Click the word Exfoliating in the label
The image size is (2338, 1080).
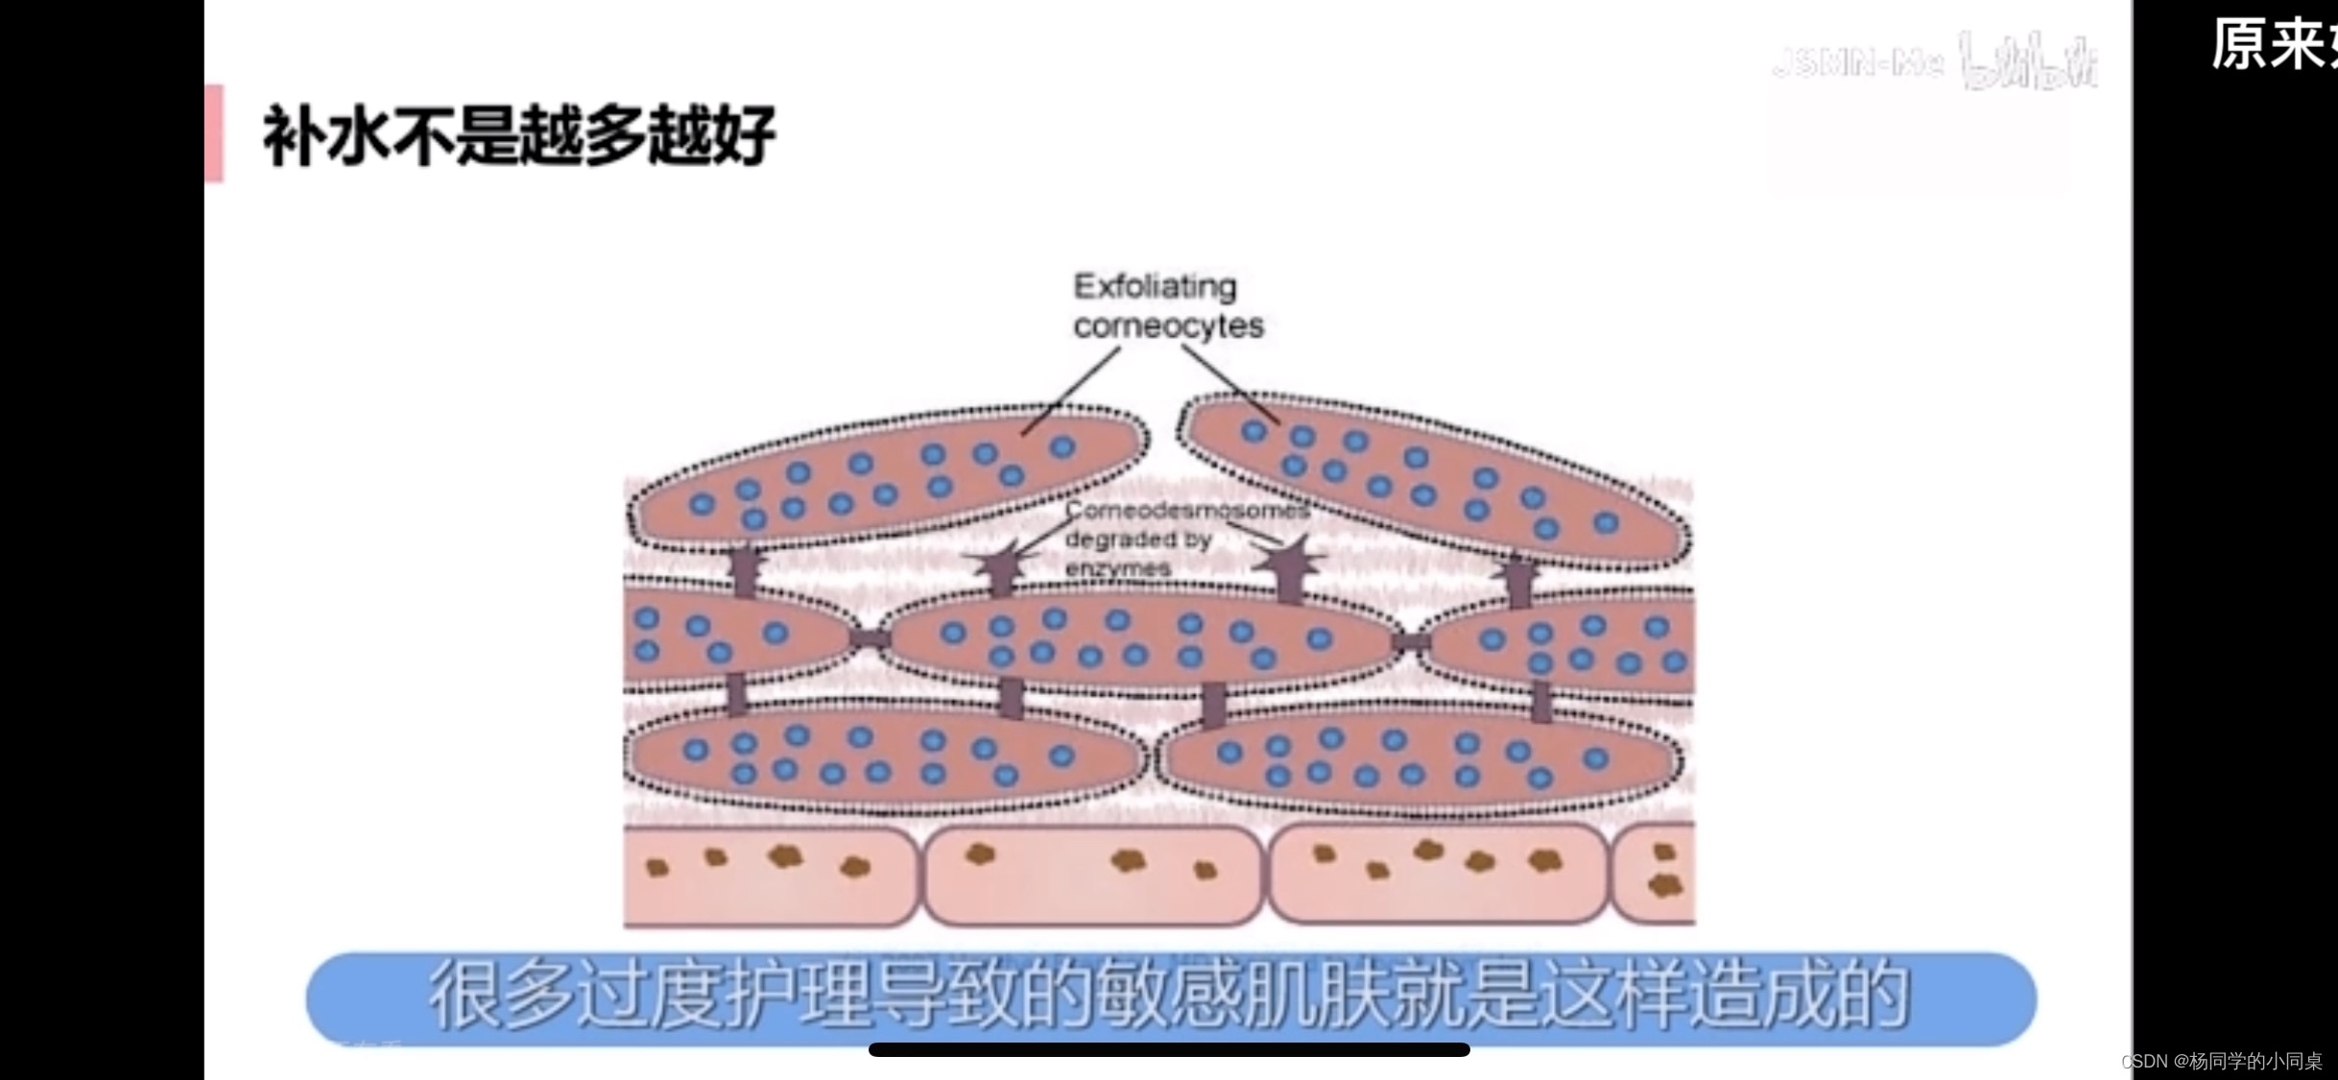click(1155, 286)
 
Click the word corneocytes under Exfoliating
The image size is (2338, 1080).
click(1168, 326)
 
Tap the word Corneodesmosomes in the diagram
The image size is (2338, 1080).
click(1187, 510)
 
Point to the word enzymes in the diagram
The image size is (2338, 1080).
click(1118, 568)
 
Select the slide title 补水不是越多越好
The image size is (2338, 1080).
click(518, 135)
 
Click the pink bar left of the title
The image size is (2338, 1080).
click(214, 132)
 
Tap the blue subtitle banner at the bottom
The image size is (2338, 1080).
click(1171, 998)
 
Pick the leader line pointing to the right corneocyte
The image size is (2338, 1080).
click(1229, 384)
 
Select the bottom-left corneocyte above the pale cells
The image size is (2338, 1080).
click(883, 756)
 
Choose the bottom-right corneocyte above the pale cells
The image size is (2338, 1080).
click(1420, 758)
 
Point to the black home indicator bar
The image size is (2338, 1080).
click(1169, 1049)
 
